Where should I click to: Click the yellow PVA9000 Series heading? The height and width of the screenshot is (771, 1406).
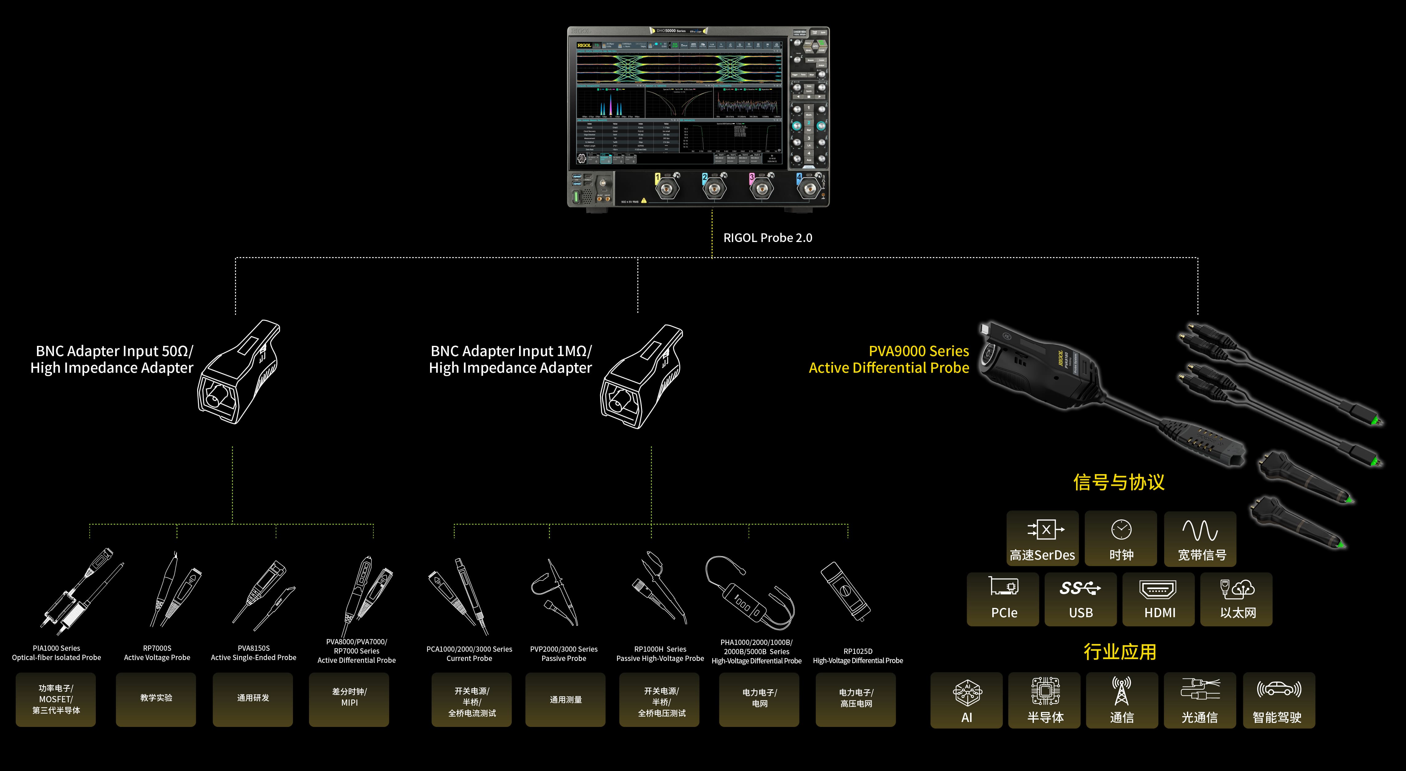(x=919, y=351)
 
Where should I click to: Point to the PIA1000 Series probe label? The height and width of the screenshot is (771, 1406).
(x=56, y=653)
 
